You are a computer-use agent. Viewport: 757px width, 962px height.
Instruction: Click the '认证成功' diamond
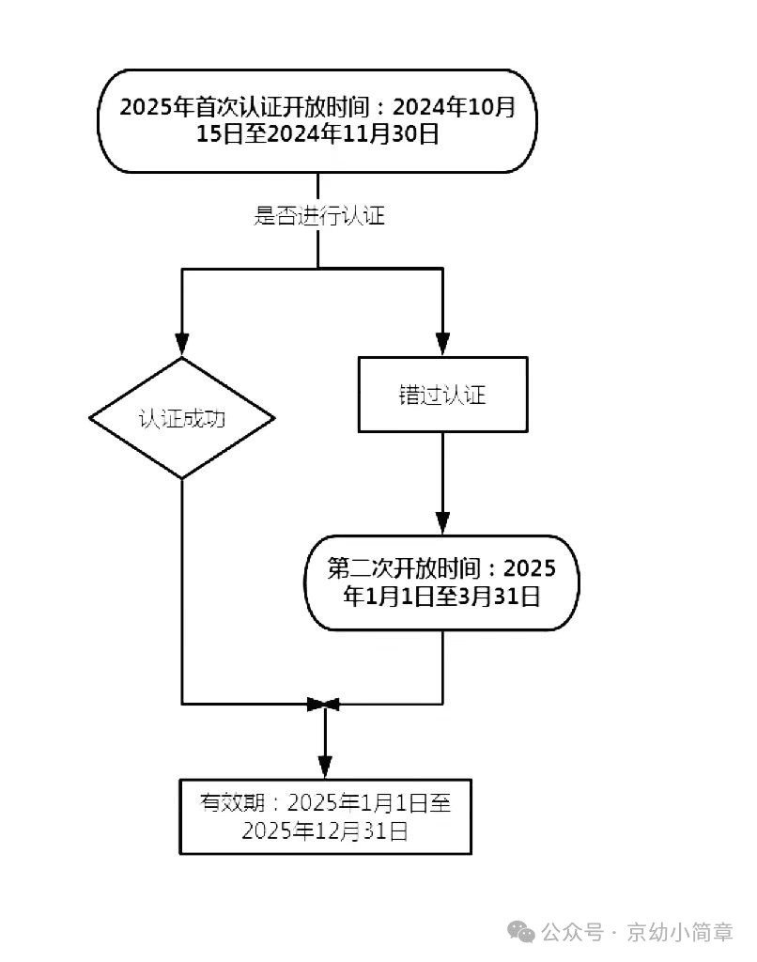coord(182,418)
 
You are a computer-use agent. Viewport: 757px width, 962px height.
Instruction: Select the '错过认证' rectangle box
coord(442,395)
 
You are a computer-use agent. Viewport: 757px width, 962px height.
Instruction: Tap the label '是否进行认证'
coord(319,217)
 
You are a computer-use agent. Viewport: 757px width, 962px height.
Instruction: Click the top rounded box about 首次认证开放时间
coord(317,120)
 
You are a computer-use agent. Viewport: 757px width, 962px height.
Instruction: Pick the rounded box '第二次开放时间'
coord(441,582)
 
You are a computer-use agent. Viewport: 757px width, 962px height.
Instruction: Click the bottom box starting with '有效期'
coord(325,815)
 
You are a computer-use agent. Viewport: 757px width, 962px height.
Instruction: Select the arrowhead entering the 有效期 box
coord(325,766)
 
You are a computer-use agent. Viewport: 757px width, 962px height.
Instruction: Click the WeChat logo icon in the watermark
coord(521,931)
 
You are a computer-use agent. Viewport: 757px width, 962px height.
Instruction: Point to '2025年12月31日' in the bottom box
coord(325,830)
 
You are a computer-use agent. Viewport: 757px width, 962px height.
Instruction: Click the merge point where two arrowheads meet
coord(325,704)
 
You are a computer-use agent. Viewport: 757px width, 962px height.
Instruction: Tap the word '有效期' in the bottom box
coord(225,803)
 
